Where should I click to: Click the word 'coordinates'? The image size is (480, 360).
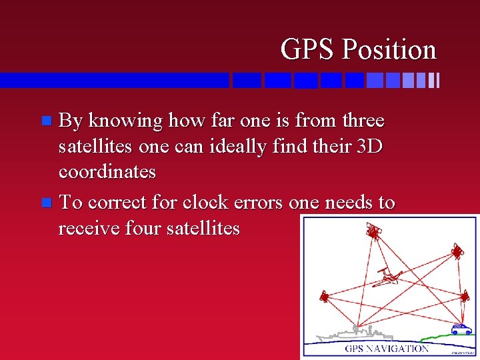(107, 172)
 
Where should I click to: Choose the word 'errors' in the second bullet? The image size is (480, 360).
(253, 202)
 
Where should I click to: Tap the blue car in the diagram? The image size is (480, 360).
(461, 329)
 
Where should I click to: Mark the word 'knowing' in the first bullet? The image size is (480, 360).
(125, 121)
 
